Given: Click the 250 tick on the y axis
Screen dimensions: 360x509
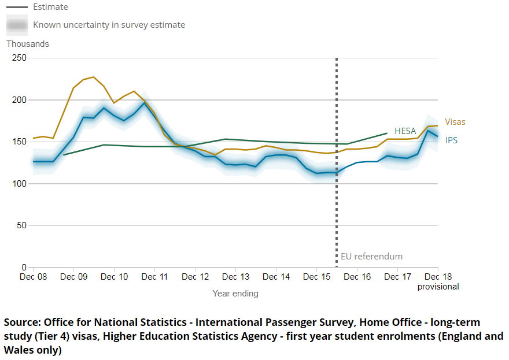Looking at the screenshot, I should [19, 58].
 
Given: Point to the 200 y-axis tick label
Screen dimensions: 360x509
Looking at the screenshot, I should [19, 100].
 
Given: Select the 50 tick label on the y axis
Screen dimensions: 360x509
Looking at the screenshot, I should [21, 225].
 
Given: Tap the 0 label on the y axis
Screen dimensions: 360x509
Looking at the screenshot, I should [24, 268].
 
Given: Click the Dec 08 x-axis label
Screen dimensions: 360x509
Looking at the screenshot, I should [33, 277].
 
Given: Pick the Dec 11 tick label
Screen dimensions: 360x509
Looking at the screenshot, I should [154, 277].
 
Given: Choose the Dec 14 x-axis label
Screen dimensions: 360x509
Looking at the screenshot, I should [276, 277].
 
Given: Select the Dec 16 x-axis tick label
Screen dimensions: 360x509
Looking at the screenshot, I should [357, 277].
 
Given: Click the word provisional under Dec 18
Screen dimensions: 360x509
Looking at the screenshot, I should [438, 287].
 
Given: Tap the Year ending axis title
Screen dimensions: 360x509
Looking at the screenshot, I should [235, 294].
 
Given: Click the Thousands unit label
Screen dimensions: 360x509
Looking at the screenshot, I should [28, 44].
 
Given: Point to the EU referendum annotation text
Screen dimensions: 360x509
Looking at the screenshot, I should [371, 257].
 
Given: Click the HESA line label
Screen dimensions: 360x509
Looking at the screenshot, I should [405, 131].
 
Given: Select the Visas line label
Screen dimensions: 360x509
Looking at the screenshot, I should [455, 122].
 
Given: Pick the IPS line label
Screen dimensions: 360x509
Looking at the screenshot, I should [451, 140].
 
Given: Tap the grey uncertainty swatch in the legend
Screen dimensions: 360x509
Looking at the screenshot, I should [17, 25].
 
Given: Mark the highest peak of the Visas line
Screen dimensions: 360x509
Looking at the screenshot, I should [94, 77].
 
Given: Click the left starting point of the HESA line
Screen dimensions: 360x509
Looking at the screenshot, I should [64, 155].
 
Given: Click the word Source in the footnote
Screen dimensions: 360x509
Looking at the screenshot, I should [21, 322].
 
